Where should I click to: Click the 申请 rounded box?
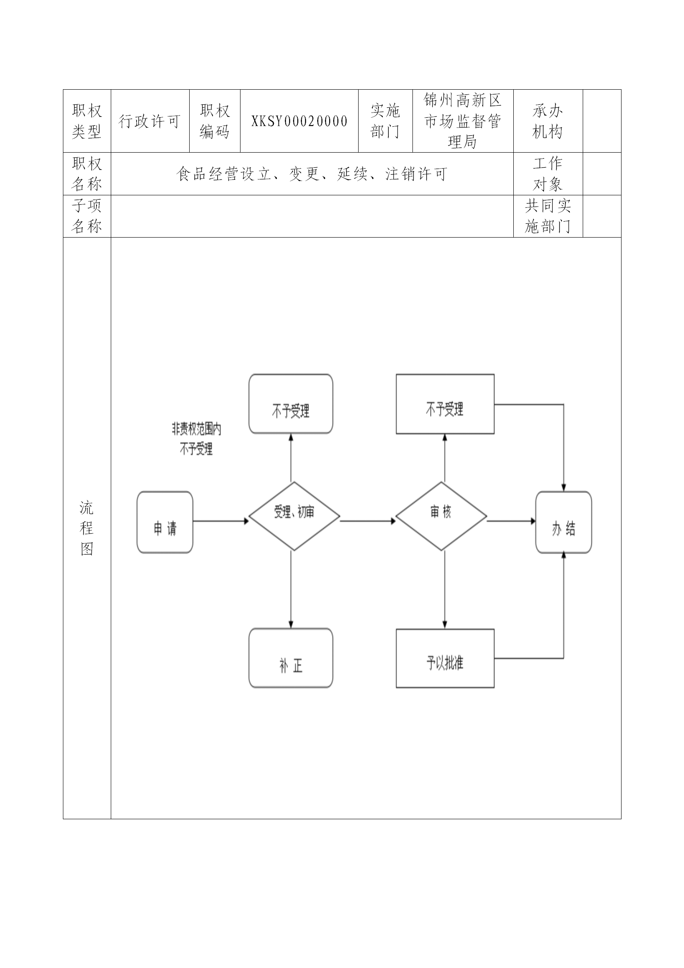pyautogui.click(x=165, y=522)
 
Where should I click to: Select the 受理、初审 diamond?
pyautogui.click(x=294, y=516)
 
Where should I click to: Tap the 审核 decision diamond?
pyautogui.click(x=441, y=516)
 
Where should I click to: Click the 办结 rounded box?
pyautogui.click(x=563, y=522)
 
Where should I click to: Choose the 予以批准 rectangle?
pyautogui.click(x=445, y=658)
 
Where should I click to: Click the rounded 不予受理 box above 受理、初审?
pyautogui.click(x=291, y=404)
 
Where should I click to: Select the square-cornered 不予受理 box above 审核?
pyautogui.click(x=445, y=404)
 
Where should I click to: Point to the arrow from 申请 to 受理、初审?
pyautogui.click(x=221, y=521)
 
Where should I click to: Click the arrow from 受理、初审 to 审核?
pyautogui.click(x=368, y=521)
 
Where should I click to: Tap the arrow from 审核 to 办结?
pyautogui.click(x=511, y=521)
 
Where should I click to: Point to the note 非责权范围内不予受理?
pyautogui.click(x=197, y=439)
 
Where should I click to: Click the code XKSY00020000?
pyautogui.click(x=299, y=121)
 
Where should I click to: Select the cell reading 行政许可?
pyautogui.click(x=150, y=121)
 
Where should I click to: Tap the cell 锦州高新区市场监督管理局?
pyautogui.click(x=462, y=121)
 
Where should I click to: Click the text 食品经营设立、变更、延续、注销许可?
pyautogui.click(x=312, y=174)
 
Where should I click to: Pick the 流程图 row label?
pyautogui.click(x=87, y=528)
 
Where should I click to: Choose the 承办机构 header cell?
pyautogui.click(x=547, y=121)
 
